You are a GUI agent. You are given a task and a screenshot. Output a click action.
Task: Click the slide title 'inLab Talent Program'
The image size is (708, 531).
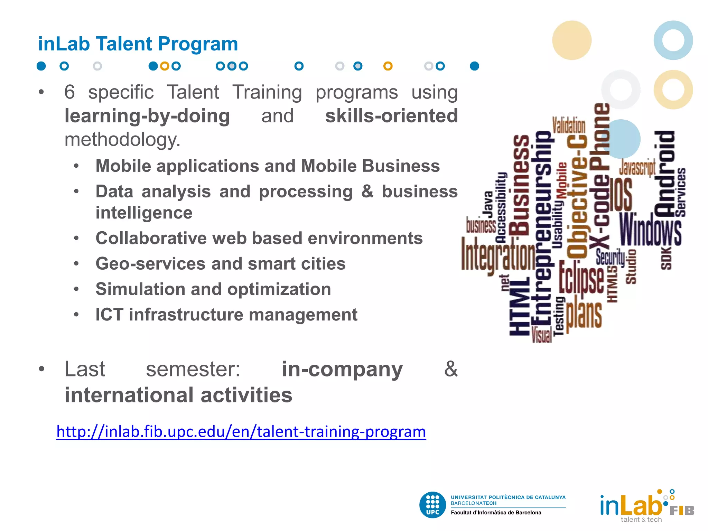pyautogui.click(x=138, y=44)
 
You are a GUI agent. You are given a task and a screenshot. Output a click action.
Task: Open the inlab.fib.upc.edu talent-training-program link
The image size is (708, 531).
pyautogui.click(x=241, y=432)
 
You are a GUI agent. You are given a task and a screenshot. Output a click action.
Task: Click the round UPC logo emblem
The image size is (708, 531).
pyautogui.click(x=432, y=505)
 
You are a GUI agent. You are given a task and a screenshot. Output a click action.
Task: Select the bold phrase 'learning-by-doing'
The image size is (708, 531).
pyautogui.click(x=147, y=116)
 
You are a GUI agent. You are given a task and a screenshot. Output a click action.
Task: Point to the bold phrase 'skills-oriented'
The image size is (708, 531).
pyautogui.click(x=391, y=116)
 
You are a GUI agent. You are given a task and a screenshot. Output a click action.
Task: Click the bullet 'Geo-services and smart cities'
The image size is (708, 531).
pyautogui.click(x=220, y=264)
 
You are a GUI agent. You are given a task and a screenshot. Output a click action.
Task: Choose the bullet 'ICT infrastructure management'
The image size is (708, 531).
pyautogui.click(x=226, y=315)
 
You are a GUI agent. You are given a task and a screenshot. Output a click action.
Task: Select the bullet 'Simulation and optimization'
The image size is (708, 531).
pyautogui.click(x=213, y=289)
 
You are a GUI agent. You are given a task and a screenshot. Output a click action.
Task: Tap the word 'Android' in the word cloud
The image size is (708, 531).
pyautogui.click(x=665, y=173)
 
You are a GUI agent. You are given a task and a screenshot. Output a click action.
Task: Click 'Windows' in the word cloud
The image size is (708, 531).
pyautogui.click(x=650, y=230)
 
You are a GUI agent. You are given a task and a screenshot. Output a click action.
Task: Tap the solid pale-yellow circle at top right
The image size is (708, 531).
pyautogui.click(x=572, y=40)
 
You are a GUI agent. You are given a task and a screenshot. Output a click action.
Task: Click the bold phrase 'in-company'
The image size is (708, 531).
pyautogui.click(x=342, y=369)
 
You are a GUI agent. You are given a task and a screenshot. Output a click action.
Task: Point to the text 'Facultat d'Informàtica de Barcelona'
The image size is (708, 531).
pyautogui.click(x=496, y=513)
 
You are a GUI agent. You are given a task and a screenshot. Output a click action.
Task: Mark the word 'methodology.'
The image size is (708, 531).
pyautogui.click(x=122, y=140)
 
